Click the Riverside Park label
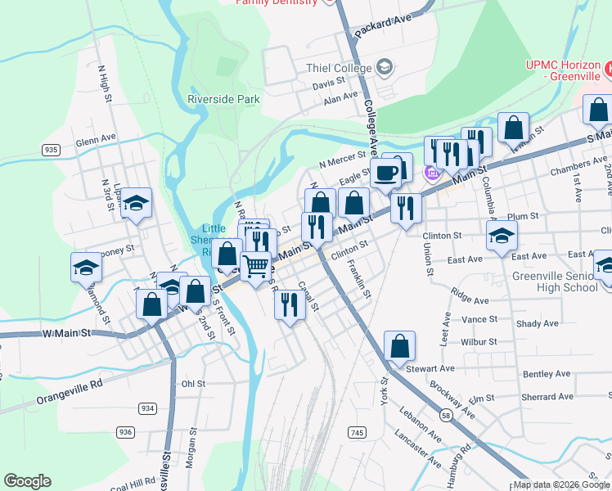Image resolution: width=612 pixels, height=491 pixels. point(223,99)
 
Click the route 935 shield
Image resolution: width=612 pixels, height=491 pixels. point(51,150)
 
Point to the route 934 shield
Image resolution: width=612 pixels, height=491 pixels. point(147,408)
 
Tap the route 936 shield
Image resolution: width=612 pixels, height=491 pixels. point(125,432)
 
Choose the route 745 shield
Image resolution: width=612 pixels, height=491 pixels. point(357,431)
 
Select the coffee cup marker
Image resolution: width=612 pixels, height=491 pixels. point(386,173)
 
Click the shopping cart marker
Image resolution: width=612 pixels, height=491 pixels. point(256,267)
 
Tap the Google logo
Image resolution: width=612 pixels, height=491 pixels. point(27,481)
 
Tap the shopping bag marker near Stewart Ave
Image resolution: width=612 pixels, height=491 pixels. point(399,345)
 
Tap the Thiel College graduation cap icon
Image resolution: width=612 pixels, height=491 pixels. point(385,68)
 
